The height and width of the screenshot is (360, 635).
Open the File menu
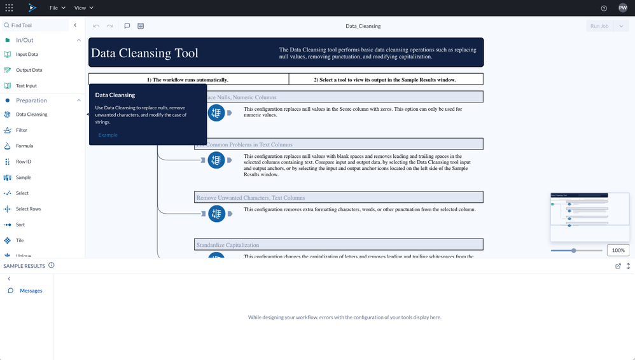click(x=57, y=8)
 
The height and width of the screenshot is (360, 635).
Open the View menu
click(x=83, y=8)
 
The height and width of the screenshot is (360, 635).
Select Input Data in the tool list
click(x=27, y=55)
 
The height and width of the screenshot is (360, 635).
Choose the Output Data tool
click(x=29, y=70)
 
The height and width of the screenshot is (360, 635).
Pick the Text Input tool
click(x=26, y=86)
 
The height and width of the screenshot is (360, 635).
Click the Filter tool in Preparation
click(x=22, y=130)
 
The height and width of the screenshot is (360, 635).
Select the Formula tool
click(x=24, y=146)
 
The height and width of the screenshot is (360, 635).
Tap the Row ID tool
click(x=24, y=162)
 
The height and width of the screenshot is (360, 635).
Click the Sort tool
click(x=20, y=225)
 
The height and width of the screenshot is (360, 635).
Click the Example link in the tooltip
click(x=108, y=135)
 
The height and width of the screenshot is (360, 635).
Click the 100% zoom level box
click(x=618, y=251)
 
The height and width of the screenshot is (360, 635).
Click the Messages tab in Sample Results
click(x=31, y=291)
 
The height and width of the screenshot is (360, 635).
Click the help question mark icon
click(x=604, y=8)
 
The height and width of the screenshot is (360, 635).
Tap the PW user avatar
click(x=622, y=8)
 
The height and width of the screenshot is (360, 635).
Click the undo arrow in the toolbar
click(x=96, y=26)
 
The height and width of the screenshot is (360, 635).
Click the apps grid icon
click(x=9, y=8)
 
